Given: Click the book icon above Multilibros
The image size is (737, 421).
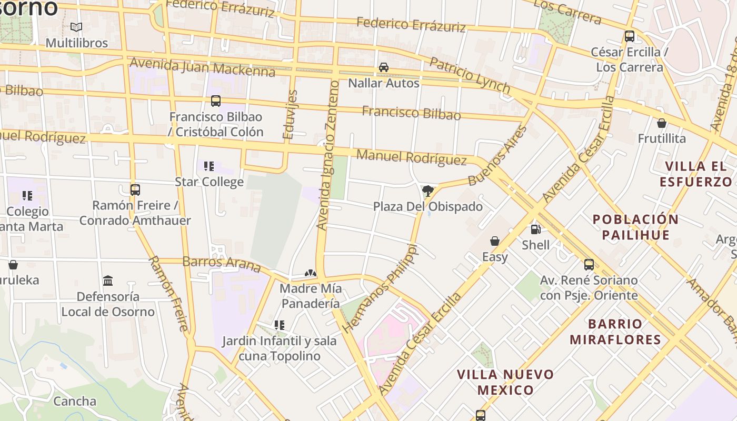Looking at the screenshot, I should tap(76, 27).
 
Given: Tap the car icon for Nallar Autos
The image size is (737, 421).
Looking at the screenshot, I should tap(384, 67).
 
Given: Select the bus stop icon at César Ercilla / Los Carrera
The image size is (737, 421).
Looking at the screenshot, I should tap(629, 36).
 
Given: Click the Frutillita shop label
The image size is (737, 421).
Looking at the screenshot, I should tap(662, 138).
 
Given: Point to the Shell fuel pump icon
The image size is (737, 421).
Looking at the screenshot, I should tap(535, 229).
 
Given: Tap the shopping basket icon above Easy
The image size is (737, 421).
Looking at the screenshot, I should tap(495, 241).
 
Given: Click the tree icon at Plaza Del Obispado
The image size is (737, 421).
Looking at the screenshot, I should tap(428, 191).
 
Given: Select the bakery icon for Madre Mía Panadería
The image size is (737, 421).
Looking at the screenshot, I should tap(311, 273).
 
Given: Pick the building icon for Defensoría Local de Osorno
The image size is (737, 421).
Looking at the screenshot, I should tap(108, 280).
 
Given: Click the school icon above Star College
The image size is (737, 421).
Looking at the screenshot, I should tap(209, 166).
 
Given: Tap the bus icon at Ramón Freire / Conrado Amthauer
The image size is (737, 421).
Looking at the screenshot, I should tap(135, 189).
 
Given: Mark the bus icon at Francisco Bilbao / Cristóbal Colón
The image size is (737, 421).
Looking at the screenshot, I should tap(216, 101).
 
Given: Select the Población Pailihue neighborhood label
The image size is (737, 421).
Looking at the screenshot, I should tap(635, 227).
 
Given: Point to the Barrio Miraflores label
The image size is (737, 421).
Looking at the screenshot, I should tap(615, 332).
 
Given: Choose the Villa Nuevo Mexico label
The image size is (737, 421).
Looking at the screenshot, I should tap(505, 382).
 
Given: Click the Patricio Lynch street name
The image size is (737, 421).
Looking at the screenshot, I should tap(470, 75).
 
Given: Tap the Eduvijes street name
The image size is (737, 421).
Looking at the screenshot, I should tap(290, 115).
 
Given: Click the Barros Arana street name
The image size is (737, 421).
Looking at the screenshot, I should tap(221, 264).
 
